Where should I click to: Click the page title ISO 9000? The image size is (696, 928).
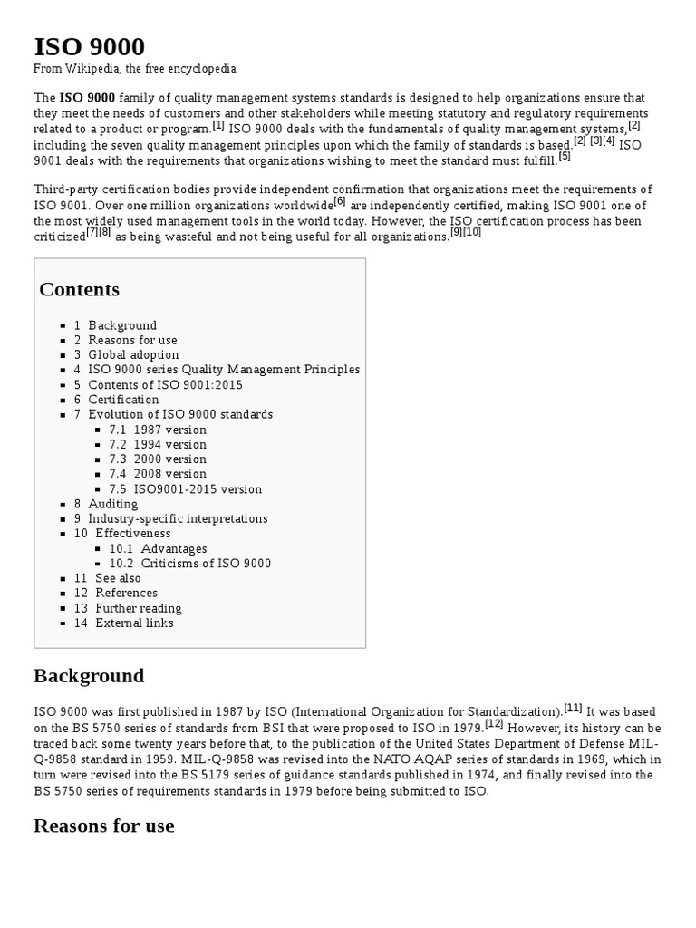pos(89,46)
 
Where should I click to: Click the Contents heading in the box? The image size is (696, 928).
pos(80,290)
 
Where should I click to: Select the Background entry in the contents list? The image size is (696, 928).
pos(121,325)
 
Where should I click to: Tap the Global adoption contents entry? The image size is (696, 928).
pos(132,354)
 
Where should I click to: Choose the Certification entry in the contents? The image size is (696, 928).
pos(122,400)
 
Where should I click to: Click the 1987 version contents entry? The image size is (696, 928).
pos(169,430)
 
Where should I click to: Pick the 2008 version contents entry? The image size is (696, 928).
pos(169,474)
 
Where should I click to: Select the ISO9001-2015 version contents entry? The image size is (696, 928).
pos(197,489)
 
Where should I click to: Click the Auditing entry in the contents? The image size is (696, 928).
pos(112,504)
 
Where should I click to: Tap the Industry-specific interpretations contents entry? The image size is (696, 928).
pos(177,519)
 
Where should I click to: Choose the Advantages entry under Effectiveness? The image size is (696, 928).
pos(173,549)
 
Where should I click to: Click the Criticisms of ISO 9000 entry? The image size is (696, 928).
pos(205,564)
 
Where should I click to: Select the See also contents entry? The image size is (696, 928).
pos(118,578)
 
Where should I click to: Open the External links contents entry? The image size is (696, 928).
pos(133,623)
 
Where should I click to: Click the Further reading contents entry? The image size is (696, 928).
pos(138,608)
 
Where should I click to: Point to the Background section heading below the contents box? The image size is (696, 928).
pos(89,676)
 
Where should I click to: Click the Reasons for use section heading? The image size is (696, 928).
pos(104,826)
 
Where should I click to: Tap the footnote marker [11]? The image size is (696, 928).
pos(573,708)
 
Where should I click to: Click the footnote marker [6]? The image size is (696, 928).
pos(340,200)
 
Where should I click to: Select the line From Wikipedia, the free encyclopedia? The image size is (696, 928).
pos(135,69)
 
